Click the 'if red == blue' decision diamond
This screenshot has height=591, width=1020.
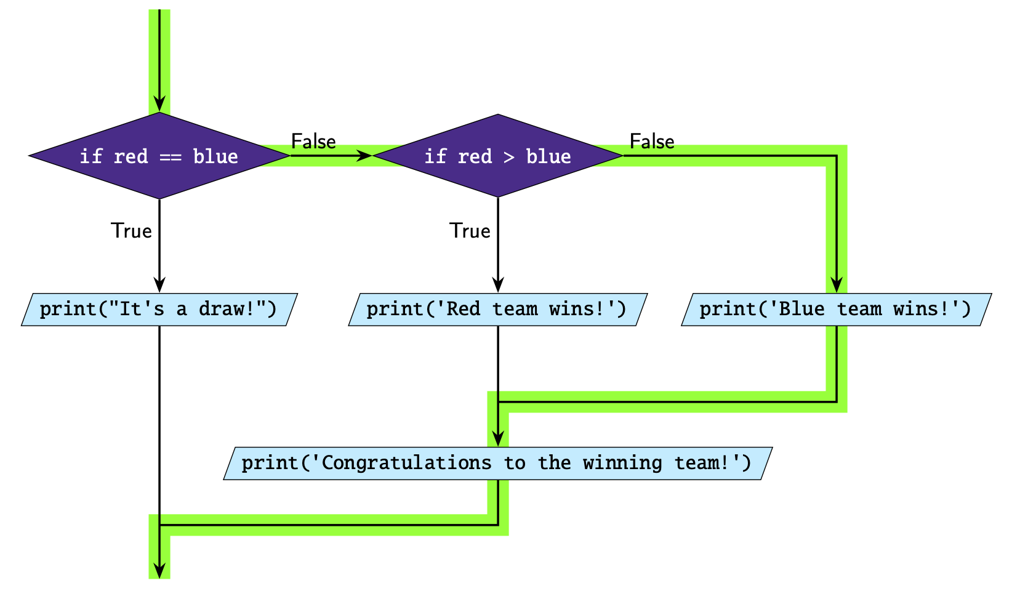coord(159,156)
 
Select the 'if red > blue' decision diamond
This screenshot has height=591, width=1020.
coord(497,156)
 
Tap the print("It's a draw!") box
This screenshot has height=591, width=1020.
coord(159,309)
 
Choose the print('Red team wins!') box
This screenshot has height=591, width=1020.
coord(497,309)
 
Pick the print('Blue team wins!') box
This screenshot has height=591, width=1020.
coord(836,309)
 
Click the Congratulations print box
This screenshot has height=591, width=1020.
coord(497,463)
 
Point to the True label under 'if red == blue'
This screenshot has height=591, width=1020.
coord(131,231)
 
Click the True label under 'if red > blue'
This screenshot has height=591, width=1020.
coord(470,231)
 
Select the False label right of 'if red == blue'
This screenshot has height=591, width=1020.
coord(313,142)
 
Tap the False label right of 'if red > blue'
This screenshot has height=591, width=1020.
coord(652,142)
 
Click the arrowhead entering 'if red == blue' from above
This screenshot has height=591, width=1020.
coord(159,104)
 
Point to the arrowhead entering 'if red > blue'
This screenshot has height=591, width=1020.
coord(364,156)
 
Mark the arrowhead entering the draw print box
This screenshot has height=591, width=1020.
coord(159,284)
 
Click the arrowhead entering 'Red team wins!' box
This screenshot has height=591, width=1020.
coord(497,284)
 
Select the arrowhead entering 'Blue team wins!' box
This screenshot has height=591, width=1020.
coord(836,284)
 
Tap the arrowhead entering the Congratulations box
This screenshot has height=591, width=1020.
coord(497,438)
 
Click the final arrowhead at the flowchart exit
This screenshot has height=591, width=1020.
coord(159,571)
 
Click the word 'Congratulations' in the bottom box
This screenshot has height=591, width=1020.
coord(406,463)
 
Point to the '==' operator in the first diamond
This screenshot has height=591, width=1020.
coord(171,156)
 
